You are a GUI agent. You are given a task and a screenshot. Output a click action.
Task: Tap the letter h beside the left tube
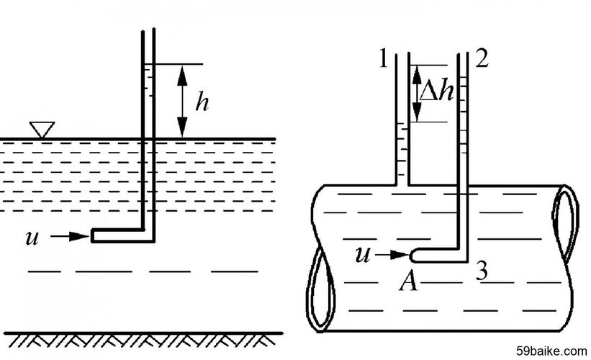202,102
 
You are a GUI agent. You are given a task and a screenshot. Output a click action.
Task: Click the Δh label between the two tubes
436,92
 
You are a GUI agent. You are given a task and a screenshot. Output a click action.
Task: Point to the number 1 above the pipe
383,59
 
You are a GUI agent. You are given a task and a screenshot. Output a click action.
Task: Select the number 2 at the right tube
482,59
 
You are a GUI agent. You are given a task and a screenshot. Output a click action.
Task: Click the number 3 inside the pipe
482,271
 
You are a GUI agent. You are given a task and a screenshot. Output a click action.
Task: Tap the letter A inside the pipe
408,282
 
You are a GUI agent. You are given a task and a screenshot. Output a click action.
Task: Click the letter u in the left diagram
32,238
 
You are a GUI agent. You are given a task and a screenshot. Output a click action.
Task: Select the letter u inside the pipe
363,255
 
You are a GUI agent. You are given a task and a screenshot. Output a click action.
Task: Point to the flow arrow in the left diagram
70,236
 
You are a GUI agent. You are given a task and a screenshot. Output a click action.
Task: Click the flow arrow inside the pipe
392,255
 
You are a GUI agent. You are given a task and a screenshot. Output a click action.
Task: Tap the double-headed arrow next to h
182,102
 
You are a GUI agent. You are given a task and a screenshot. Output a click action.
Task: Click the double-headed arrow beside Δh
417,93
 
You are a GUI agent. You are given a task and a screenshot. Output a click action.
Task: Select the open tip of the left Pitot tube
92,235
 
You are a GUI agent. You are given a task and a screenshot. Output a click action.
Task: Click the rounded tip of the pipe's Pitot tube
412,256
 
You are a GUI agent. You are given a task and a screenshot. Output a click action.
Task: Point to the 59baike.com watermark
551,351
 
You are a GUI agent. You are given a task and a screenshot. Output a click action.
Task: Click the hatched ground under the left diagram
143,340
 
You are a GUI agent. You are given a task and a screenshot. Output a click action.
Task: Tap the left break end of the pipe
320,289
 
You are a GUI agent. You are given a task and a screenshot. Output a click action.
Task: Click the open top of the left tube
148,30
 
